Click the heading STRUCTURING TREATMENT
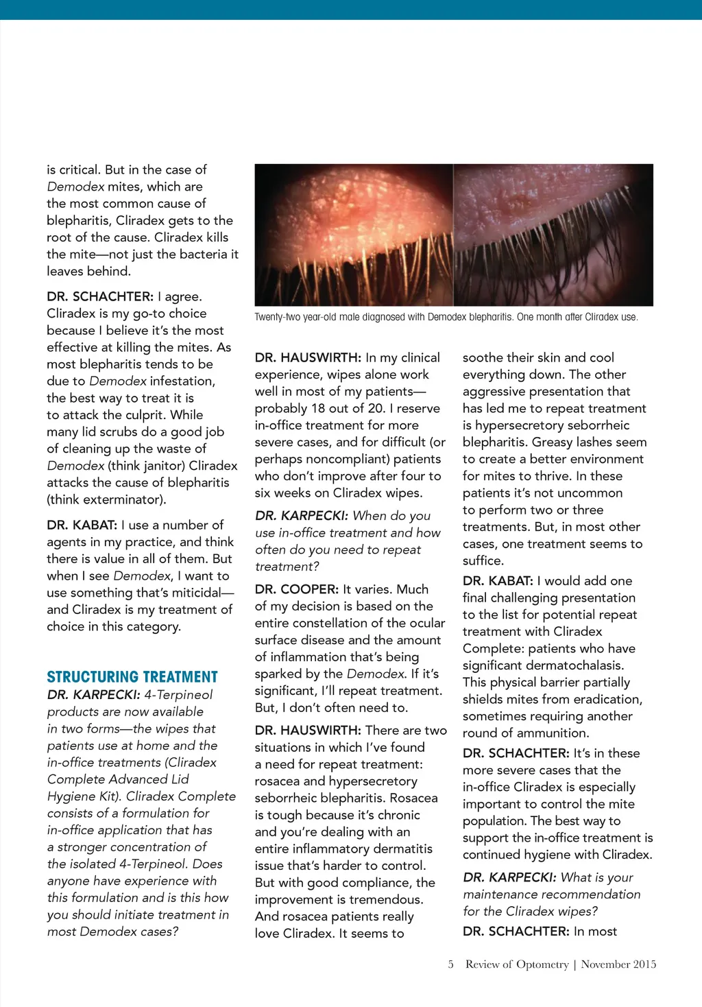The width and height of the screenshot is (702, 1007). pos(132,677)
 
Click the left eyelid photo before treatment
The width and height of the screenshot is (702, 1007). pos(354,235)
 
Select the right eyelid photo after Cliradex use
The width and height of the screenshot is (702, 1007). pos(553,235)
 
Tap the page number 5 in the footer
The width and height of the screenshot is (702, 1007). pos(450,964)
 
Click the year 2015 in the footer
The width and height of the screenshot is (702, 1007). pos(644,964)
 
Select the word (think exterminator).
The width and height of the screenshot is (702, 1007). pos(106,499)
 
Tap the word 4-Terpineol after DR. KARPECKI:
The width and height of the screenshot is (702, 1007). pos(178,695)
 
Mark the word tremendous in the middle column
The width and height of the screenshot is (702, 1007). pos(386,900)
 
